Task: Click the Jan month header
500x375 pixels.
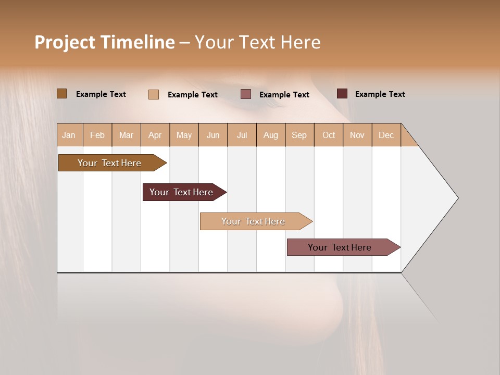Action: coord(69,135)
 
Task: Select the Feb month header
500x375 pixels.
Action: coord(97,135)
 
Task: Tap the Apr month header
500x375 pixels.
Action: coord(155,135)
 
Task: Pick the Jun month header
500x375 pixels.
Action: coord(213,135)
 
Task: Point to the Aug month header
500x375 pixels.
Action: coord(271,135)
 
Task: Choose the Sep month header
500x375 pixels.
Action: coord(299,135)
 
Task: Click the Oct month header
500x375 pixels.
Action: coord(329,135)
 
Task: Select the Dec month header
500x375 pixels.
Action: coord(386,135)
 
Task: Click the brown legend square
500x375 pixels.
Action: coord(62,94)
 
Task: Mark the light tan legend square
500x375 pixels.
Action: coord(154,94)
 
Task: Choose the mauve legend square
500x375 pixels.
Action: coord(246,94)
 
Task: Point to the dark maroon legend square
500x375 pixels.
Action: coord(342,94)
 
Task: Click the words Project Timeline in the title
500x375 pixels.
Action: coord(104,42)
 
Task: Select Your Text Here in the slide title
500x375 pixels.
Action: coord(258,42)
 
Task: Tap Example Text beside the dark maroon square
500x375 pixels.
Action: coord(380,94)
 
